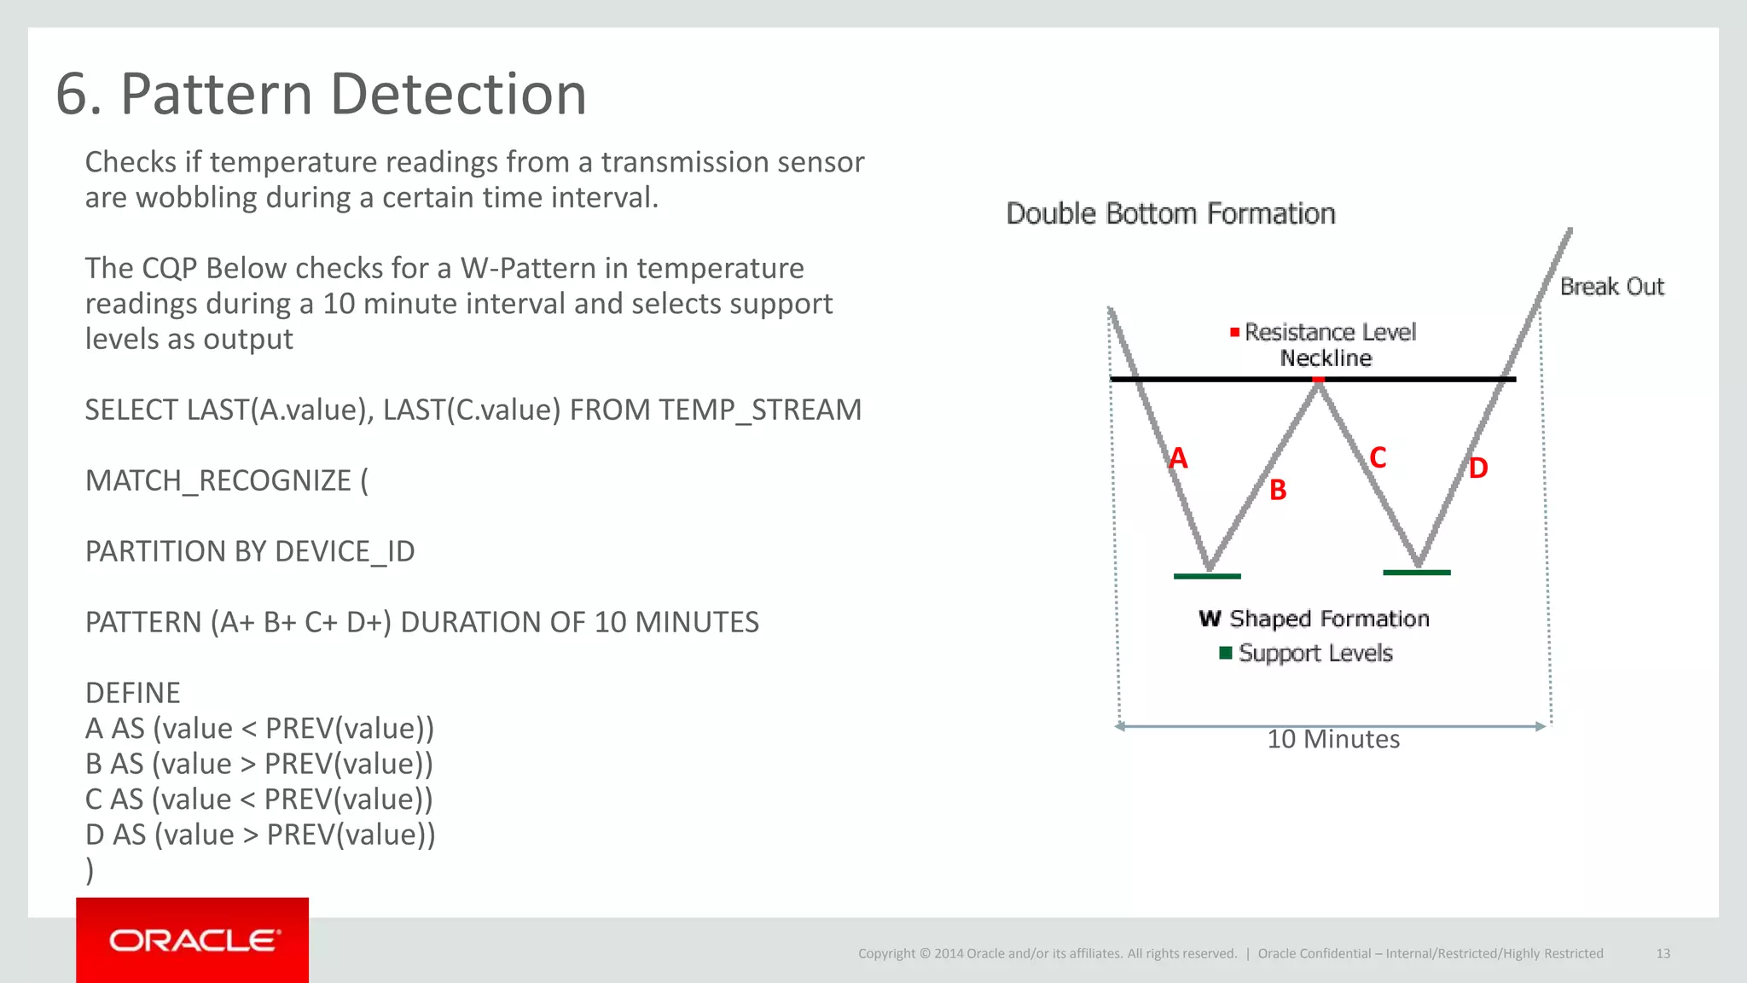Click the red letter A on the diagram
tap(1178, 458)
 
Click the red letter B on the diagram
tap(1277, 490)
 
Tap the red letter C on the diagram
tap(1378, 457)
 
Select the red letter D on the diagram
tap(1477, 468)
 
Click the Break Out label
tap(1611, 287)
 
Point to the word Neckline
tap(1326, 358)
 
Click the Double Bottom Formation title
tap(1170, 213)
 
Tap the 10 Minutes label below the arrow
tap(1333, 739)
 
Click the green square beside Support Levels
tap(1226, 653)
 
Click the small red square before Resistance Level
tap(1234, 332)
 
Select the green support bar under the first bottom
tap(1207, 576)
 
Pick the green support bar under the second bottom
tap(1416, 573)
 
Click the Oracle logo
tap(193, 940)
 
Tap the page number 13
tap(1663, 953)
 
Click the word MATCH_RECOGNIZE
tap(218, 480)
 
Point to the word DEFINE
tap(133, 693)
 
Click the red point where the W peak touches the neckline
tap(1319, 380)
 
